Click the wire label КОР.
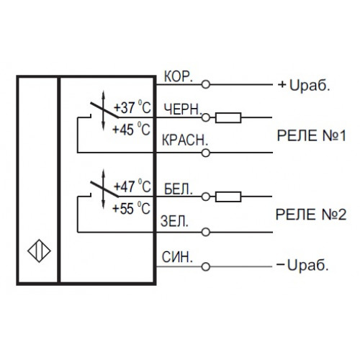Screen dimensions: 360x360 pos(179,76)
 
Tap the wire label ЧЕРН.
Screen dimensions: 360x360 pos(183,109)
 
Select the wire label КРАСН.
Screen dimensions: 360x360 pos(185,140)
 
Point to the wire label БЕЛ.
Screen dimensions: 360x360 pos(179,189)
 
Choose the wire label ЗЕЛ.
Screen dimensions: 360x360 pos(174,221)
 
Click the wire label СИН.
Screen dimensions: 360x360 pos(177,257)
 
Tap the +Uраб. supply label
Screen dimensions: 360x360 pos(304,85)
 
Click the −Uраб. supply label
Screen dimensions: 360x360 pos(302,265)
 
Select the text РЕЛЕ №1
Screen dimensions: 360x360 pos(312,136)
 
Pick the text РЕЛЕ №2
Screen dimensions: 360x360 pos(311,215)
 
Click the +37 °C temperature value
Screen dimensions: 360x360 pos(132,107)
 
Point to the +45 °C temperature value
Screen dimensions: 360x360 pos(132,129)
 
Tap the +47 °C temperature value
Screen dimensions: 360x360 pos(132,186)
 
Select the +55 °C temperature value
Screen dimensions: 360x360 pos(132,208)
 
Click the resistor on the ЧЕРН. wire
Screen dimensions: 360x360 pos(228,117)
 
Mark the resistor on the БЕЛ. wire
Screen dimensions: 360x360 pos(228,197)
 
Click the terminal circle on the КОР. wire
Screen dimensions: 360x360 pos(206,84)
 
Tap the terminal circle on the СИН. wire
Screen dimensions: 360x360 pos(206,266)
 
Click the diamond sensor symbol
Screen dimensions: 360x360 pos(39,251)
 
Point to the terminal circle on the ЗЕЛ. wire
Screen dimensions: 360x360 pos(206,232)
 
